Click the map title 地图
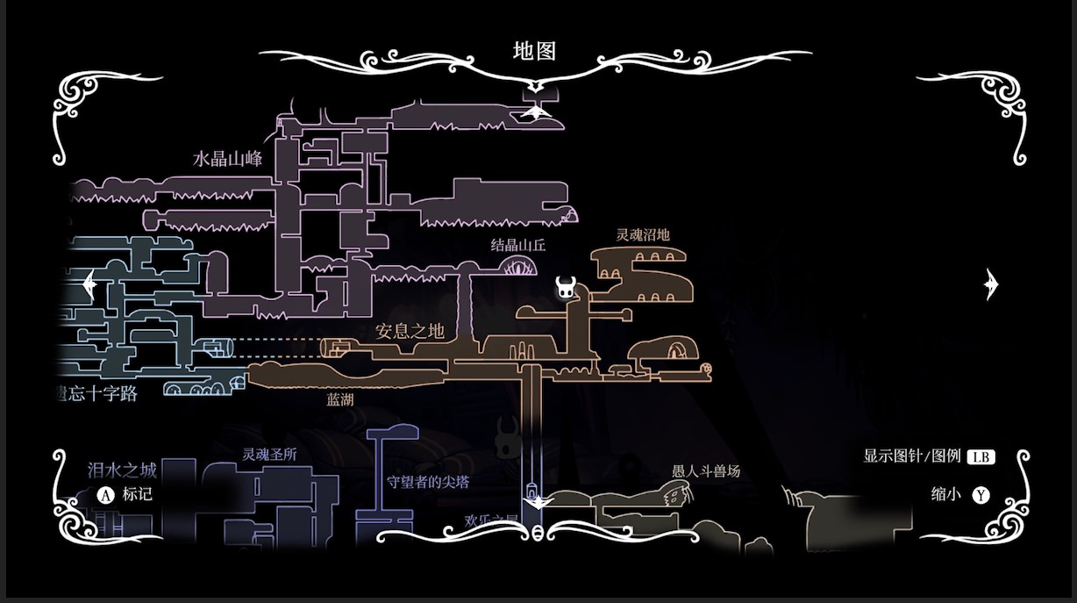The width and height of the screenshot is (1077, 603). tap(535, 51)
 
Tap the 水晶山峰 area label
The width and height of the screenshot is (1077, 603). tap(228, 159)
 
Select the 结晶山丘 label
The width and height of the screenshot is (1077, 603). tap(518, 245)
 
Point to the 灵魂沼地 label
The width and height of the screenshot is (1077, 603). tap(643, 234)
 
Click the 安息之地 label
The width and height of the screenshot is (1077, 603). tap(410, 332)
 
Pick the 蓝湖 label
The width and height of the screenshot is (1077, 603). tap(340, 400)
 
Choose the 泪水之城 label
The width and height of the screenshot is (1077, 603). tap(122, 470)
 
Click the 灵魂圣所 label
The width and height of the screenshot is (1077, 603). tap(269, 455)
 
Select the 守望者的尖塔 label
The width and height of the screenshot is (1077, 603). tap(428, 482)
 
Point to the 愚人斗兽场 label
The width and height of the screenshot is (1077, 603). tap(706, 471)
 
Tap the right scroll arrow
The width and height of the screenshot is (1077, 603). tap(992, 284)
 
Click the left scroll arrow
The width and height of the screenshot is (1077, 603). tap(87, 284)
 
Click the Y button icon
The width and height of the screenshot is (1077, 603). tap(981, 495)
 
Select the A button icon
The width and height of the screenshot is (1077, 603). tap(105, 494)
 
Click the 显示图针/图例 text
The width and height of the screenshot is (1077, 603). tap(911, 456)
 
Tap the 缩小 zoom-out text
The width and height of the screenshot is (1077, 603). tap(945, 494)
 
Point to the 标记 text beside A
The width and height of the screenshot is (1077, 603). tap(138, 494)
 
